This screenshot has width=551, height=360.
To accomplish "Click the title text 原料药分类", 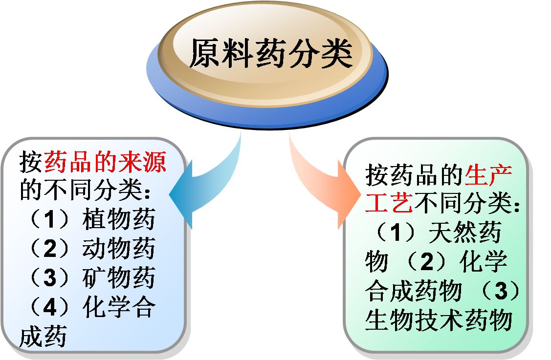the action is [x=270, y=53].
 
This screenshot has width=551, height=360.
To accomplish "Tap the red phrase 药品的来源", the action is [x=105, y=162].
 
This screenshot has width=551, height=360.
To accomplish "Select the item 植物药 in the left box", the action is [x=118, y=219].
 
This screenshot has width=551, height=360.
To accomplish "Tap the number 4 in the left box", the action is [x=50, y=307].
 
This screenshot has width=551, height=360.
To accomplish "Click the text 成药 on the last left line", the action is [x=43, y=337].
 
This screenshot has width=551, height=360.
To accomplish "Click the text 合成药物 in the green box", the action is [x=413, y=292].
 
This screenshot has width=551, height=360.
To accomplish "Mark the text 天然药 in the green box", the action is [x=464, y=233].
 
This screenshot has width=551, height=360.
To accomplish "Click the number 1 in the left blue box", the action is [x=50, y=219].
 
